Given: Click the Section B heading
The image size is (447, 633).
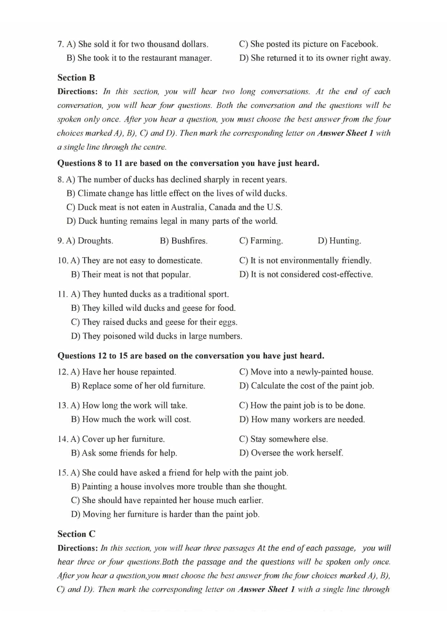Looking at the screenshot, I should [x=76, y=78].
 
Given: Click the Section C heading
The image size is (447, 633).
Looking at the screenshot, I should [x=76, y=534].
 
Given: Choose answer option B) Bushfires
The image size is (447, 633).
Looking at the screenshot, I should [x=184, y=241].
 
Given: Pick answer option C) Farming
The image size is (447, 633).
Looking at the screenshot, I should [x=261, y=241].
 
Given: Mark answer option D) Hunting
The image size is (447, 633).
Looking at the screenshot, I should [x=339, y=241].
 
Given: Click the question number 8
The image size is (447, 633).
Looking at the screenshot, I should [x=60, y=179].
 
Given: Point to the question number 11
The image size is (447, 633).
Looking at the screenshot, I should [x=63, y=294].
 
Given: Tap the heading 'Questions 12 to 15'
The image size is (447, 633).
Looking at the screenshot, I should [x=191, y=356].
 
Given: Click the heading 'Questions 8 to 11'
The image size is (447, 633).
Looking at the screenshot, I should [x=188, y=163].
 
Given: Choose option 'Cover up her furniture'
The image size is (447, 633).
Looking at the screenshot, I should [x=118, y=439].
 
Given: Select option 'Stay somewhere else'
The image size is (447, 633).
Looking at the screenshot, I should [x=283, y=439].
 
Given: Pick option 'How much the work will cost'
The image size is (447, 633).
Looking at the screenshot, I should [x=131, y=419].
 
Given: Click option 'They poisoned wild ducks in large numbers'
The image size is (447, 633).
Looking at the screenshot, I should [x=156, y=336].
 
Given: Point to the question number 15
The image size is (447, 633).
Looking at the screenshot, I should [x=63, y=472].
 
